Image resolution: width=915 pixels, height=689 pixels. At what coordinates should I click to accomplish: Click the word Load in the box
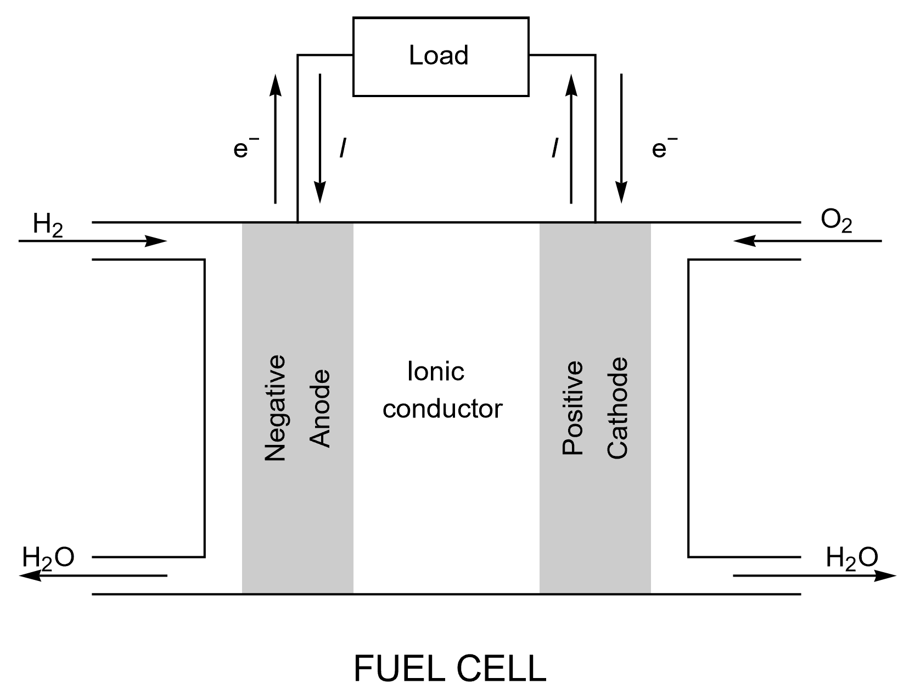[x=439, y=56]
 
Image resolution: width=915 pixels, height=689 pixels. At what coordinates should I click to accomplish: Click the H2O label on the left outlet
[x=48, y=557]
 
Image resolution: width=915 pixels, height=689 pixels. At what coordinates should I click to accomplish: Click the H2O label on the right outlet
[x=852, y=557]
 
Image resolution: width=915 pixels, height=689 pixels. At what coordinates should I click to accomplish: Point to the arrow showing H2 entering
[x=93, y=241]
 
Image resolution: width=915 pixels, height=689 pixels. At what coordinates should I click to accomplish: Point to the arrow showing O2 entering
[x=807, y=241]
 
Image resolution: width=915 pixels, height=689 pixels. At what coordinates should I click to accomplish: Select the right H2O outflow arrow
[x=815, y=576]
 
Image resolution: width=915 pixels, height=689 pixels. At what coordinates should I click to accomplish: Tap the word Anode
[x=320, y=409]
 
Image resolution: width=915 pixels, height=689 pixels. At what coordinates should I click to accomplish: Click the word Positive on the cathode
[x=572, y=409]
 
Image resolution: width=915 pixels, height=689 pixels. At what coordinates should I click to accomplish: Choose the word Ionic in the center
[x=436, y=372]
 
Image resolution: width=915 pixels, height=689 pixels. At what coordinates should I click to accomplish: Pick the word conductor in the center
[x=442, y=409]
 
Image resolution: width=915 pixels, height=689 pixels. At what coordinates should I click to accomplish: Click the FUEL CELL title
[x=450, y=668]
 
